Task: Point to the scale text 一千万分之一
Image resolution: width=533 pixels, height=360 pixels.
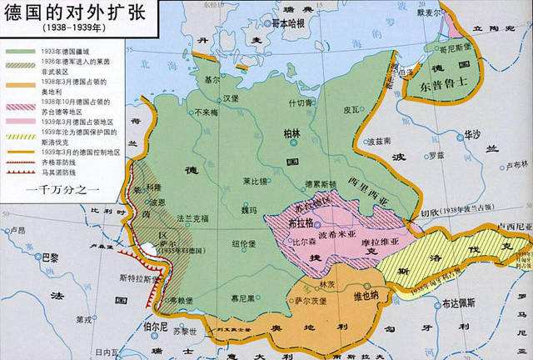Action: pyautogui.click(x=63, y=189)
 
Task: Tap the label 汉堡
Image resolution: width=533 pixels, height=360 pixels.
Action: pyautogui.click(x=218, y=98)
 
